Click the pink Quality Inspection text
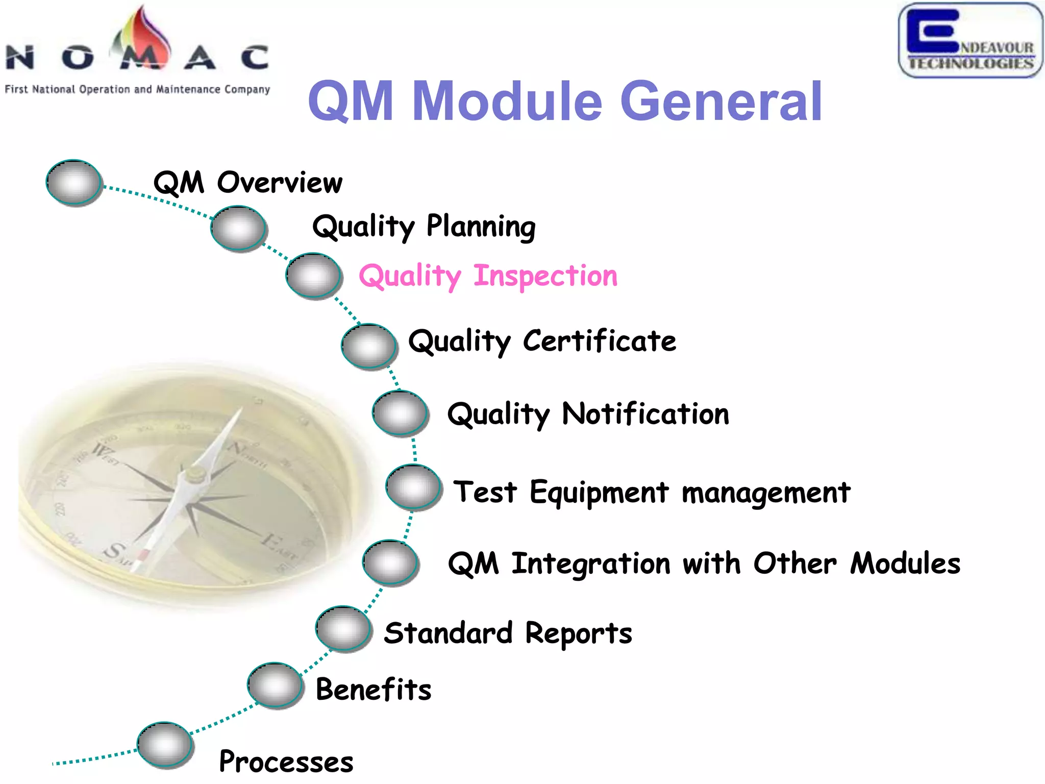point(488,276)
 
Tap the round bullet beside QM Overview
point(74,182)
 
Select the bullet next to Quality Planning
point(238,228)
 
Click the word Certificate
point(600,340)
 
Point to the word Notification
point(645,413)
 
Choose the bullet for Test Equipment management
point(413,487)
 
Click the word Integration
point(591,563)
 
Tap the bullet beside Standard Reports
point(343,628)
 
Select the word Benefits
point(374,689)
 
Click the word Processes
point(286,762)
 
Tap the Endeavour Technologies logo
point(971,41)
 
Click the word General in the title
point(720,102)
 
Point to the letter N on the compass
point(236,448)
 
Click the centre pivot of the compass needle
point(194,474)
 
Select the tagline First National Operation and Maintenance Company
point(137,89)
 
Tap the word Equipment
point(599,493)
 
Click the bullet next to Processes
point(165,745)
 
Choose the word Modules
point(905,563)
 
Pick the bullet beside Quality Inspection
point(313,276)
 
